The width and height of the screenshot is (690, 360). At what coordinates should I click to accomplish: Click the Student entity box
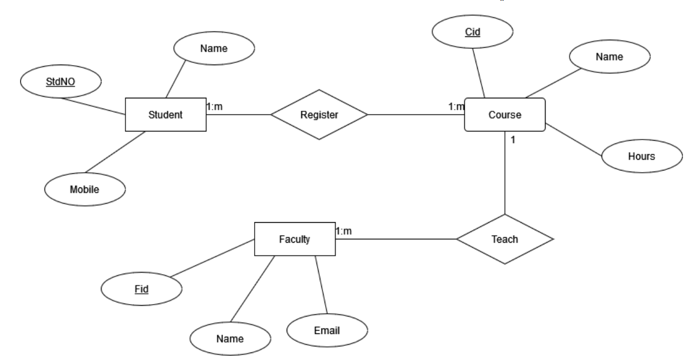(x=166, y=115)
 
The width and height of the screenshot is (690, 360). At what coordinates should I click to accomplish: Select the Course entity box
(x=505, y=115)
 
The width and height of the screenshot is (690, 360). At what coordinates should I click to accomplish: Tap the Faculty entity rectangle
(x=295, y=239)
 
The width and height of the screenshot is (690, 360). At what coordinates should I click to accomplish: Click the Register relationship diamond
(x=319, y=115)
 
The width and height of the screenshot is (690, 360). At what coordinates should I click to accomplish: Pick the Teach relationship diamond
(x=505, y=239)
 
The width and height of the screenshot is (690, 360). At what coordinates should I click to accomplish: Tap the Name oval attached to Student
(x=213, y=48)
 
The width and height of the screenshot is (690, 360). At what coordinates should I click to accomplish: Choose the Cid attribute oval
(x=473, y=31)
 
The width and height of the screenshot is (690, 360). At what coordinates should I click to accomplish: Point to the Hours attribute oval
(x=642, y=156)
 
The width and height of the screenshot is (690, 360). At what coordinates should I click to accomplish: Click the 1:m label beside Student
(x=215, y=106)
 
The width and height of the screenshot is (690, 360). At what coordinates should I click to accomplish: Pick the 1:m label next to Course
(x=456, y=107)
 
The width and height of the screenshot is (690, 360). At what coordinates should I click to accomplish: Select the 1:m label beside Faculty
(x=344, y=231)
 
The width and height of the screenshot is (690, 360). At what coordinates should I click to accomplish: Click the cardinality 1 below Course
(x=513, y=140)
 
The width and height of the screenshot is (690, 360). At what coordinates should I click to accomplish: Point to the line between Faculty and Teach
(x=396, y=239)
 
